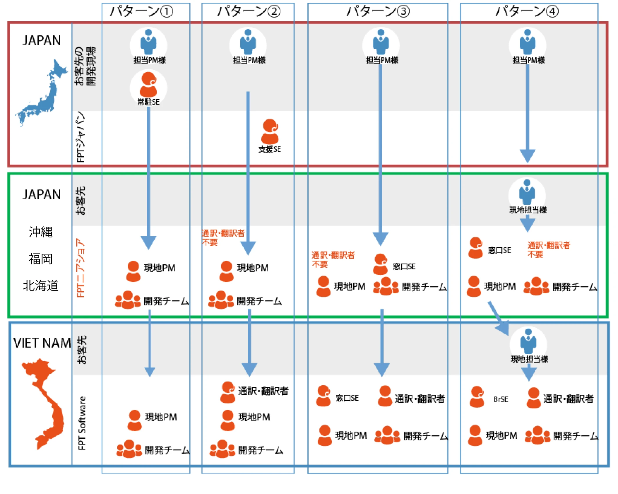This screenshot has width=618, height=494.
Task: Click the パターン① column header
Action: pyautogui.click(x=141, y=12)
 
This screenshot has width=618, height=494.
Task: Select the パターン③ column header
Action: pyautogui.click(x=378, y=12)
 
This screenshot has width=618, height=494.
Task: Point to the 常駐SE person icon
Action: pyautogui.click(x=148, y=85)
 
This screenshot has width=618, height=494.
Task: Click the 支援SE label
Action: pyautogui.click(x=270, y=149)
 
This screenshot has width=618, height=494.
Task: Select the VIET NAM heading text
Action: pyautogui.click(x=42, y=343)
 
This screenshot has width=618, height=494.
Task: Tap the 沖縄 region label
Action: pyautogui.click(x=41, y=232)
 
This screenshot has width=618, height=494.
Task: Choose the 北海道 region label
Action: pyautogui.click(x=41, y=286)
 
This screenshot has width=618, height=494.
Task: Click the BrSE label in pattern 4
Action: pyautogui.click(x=501, y=400)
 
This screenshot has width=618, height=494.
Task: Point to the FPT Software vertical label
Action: pyautogui.click(x=82, y=423)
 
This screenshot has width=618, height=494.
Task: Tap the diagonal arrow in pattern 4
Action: pyautogui.click(x=498, y=318)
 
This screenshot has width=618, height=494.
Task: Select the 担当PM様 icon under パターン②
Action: pyautogui.click(x=248, y=42)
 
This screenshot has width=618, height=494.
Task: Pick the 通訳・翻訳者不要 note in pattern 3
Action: pyautogui.click(x=333, y=259)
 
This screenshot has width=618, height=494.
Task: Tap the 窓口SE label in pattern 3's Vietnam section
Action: pyautogui.click(x=347, y=398)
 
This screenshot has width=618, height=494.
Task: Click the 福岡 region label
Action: pyautogui.click(x=41, y=259)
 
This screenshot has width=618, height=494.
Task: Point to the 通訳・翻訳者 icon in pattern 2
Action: pyautogui.click(x=228, y=392)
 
